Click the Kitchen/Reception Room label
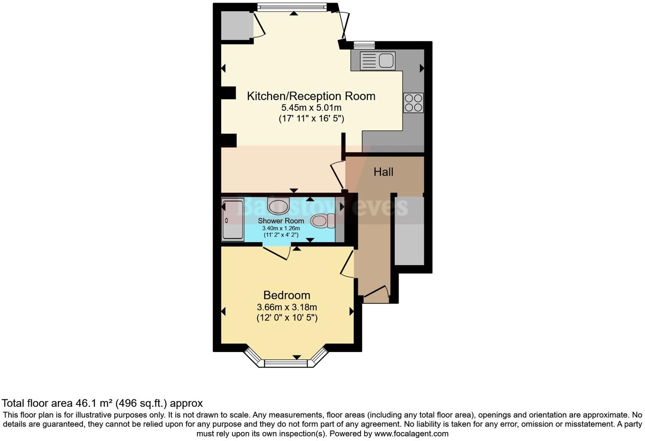(x=311, y=96)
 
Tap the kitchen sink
(x=377, y=60)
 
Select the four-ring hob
(x=413, y=103)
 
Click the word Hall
(x=383, y=172)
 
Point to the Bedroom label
(x=286, y=295)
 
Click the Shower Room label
(x=281, y=221)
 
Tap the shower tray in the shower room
(x=233, y=220)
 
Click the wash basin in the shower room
(x=278, y=205)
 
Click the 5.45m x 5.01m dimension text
(x=311, y=108)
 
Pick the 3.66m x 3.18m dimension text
(x=286, y=307)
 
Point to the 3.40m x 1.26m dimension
(x=281, y=228)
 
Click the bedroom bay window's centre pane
(x=285, y=363)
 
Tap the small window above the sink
(x=364, y=44)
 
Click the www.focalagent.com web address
(x=411, y=433)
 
